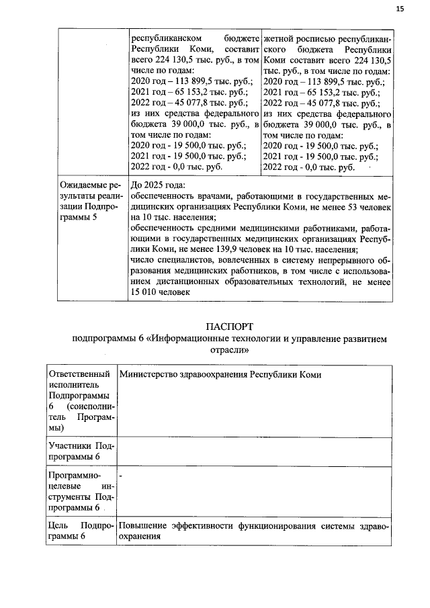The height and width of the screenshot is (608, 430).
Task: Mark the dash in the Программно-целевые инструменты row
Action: tap(120, 476)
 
